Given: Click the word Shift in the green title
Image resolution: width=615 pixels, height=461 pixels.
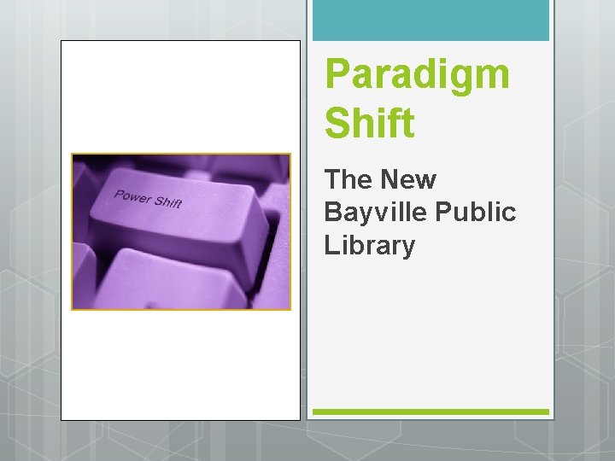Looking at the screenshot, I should point(369,123).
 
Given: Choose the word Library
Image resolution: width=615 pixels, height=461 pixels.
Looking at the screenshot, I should point(369,246).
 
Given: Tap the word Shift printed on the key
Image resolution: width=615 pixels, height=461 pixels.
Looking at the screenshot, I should point(168,203).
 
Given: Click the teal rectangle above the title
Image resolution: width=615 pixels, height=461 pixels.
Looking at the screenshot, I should point(430,20).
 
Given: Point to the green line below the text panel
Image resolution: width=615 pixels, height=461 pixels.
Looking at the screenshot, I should point(430,411).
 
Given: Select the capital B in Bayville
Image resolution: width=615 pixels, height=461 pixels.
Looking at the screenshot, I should point(333,213).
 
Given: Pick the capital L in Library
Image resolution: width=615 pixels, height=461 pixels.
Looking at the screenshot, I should point(331,246).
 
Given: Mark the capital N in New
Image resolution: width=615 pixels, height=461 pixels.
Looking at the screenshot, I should point(393,180).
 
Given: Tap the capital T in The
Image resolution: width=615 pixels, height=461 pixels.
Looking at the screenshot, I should point(332,180).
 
